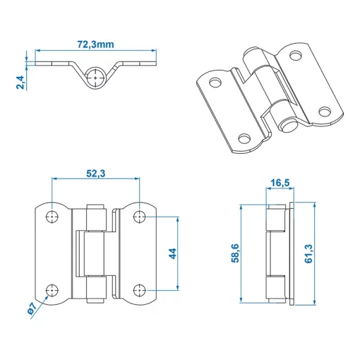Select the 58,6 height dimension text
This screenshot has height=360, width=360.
coord(234,253)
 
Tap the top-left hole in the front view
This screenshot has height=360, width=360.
coord(52,215)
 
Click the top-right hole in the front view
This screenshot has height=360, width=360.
coord(140,215)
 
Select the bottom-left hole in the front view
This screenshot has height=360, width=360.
coord(52,289)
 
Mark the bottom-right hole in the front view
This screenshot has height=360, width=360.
coord(140,289)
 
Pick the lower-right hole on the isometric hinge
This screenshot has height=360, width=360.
coord(324,111)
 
